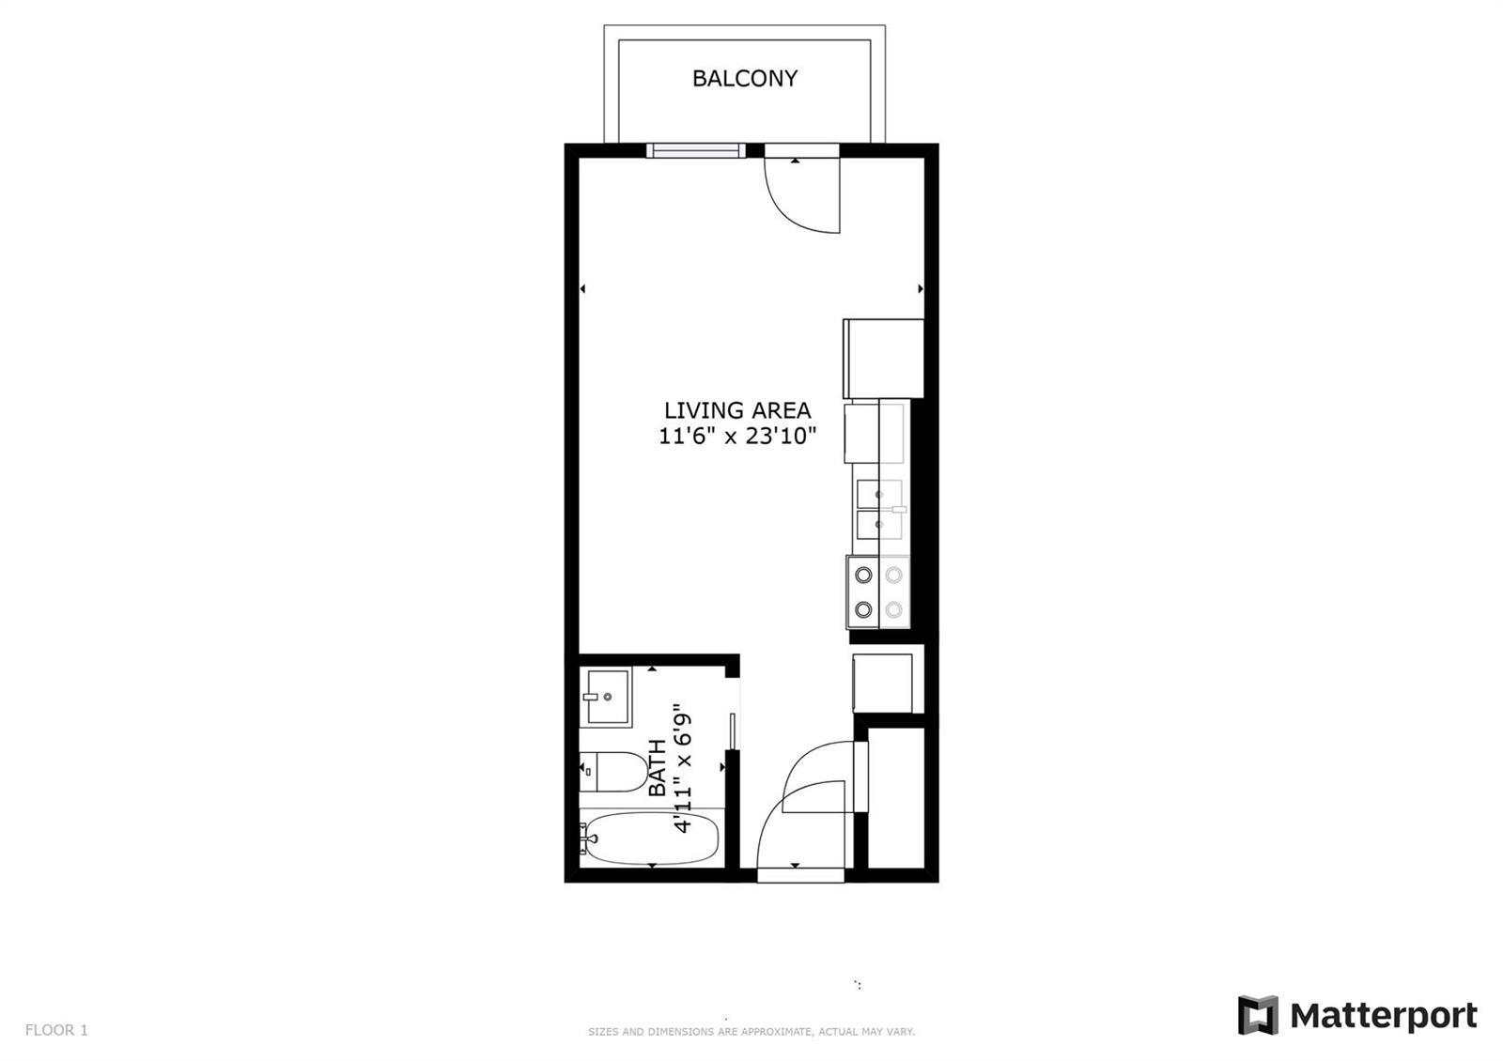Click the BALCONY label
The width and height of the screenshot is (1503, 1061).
click(745, 79)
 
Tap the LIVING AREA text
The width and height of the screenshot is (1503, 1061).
click(737, 409)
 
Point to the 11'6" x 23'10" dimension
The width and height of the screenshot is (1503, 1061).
click(737, 436)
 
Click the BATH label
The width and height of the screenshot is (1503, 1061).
click(657, 768)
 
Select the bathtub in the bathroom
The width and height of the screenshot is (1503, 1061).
click(649, 838)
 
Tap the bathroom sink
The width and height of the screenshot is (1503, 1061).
click(605, 697)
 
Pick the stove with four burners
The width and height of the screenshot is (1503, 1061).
click(878, 592)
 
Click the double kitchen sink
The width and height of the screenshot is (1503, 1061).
click(881, 509)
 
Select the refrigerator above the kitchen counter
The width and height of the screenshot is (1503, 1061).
click(883, 359)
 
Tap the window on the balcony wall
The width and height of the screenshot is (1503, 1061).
click(696, 151)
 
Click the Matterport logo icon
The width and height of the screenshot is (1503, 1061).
click(1258, 1015)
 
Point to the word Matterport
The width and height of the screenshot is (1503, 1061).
click(1384, 1016)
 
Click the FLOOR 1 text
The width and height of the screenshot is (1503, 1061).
click(56, 1029)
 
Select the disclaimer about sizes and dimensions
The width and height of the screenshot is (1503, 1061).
click(751, 1032)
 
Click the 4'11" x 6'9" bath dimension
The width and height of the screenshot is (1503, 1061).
click(682, 768)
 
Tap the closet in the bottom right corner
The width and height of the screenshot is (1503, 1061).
click(896, 798)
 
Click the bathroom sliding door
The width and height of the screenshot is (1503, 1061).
click(733, 731)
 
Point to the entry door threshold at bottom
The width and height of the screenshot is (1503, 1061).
click(800, 875)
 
